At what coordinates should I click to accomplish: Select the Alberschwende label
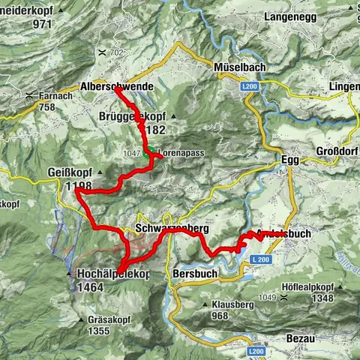click(116, 87)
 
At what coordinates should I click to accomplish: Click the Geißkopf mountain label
click(73, 170)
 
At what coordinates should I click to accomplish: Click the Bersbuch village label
click(194, 274)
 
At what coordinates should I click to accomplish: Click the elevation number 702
click(115, 52)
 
